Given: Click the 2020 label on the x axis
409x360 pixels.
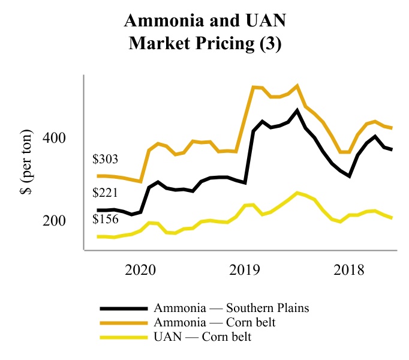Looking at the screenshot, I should (142, 269).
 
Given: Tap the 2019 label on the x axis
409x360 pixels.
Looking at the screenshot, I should (245, 269).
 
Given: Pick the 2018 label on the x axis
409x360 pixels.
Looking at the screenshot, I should (348, 269).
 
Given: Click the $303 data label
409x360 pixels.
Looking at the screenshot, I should (105, 160).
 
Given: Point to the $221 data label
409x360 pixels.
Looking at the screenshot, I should (105, 194).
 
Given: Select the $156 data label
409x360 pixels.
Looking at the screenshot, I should (105, 220).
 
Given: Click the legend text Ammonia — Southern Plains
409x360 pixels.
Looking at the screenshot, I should (231, 308).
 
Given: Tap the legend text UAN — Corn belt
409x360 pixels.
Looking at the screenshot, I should (202, 337).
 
